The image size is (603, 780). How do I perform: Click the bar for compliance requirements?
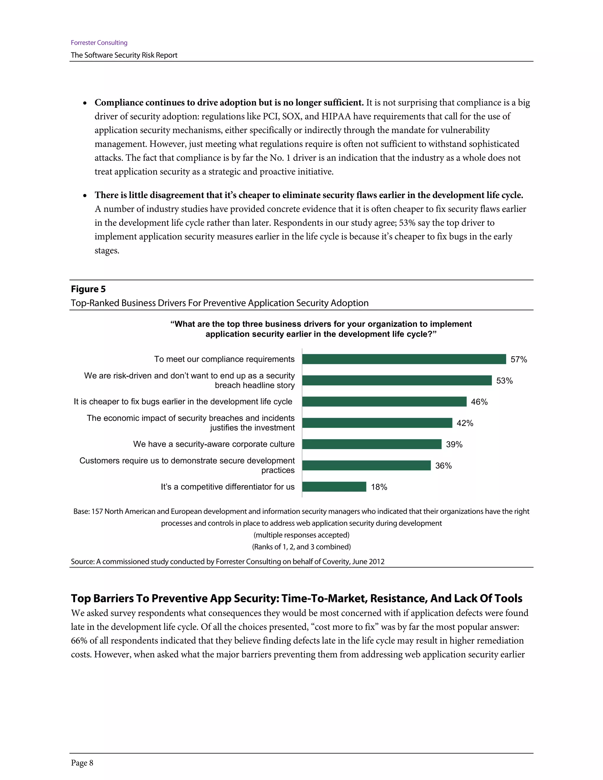click(404, 359)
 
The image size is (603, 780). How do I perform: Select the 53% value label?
click(504, 381)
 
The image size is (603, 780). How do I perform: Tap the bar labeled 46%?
click(384, 401)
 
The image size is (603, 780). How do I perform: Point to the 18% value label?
click(379, 487)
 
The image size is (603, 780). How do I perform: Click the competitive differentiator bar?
click(334, 487)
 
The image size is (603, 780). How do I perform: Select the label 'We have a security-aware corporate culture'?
click(214, 444)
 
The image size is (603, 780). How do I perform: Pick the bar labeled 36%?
click(366, 465)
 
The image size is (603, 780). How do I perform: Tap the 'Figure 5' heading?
click(88, 289)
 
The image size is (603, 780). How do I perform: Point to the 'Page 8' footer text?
click(82, 763)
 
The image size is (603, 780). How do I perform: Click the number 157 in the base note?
click(97, 512)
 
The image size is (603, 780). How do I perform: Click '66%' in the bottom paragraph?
click(79, 641)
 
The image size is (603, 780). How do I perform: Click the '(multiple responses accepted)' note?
click(301, 535)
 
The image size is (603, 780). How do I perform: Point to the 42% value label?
click(465, 423)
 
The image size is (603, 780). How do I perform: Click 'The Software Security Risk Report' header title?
click(124, 55)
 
